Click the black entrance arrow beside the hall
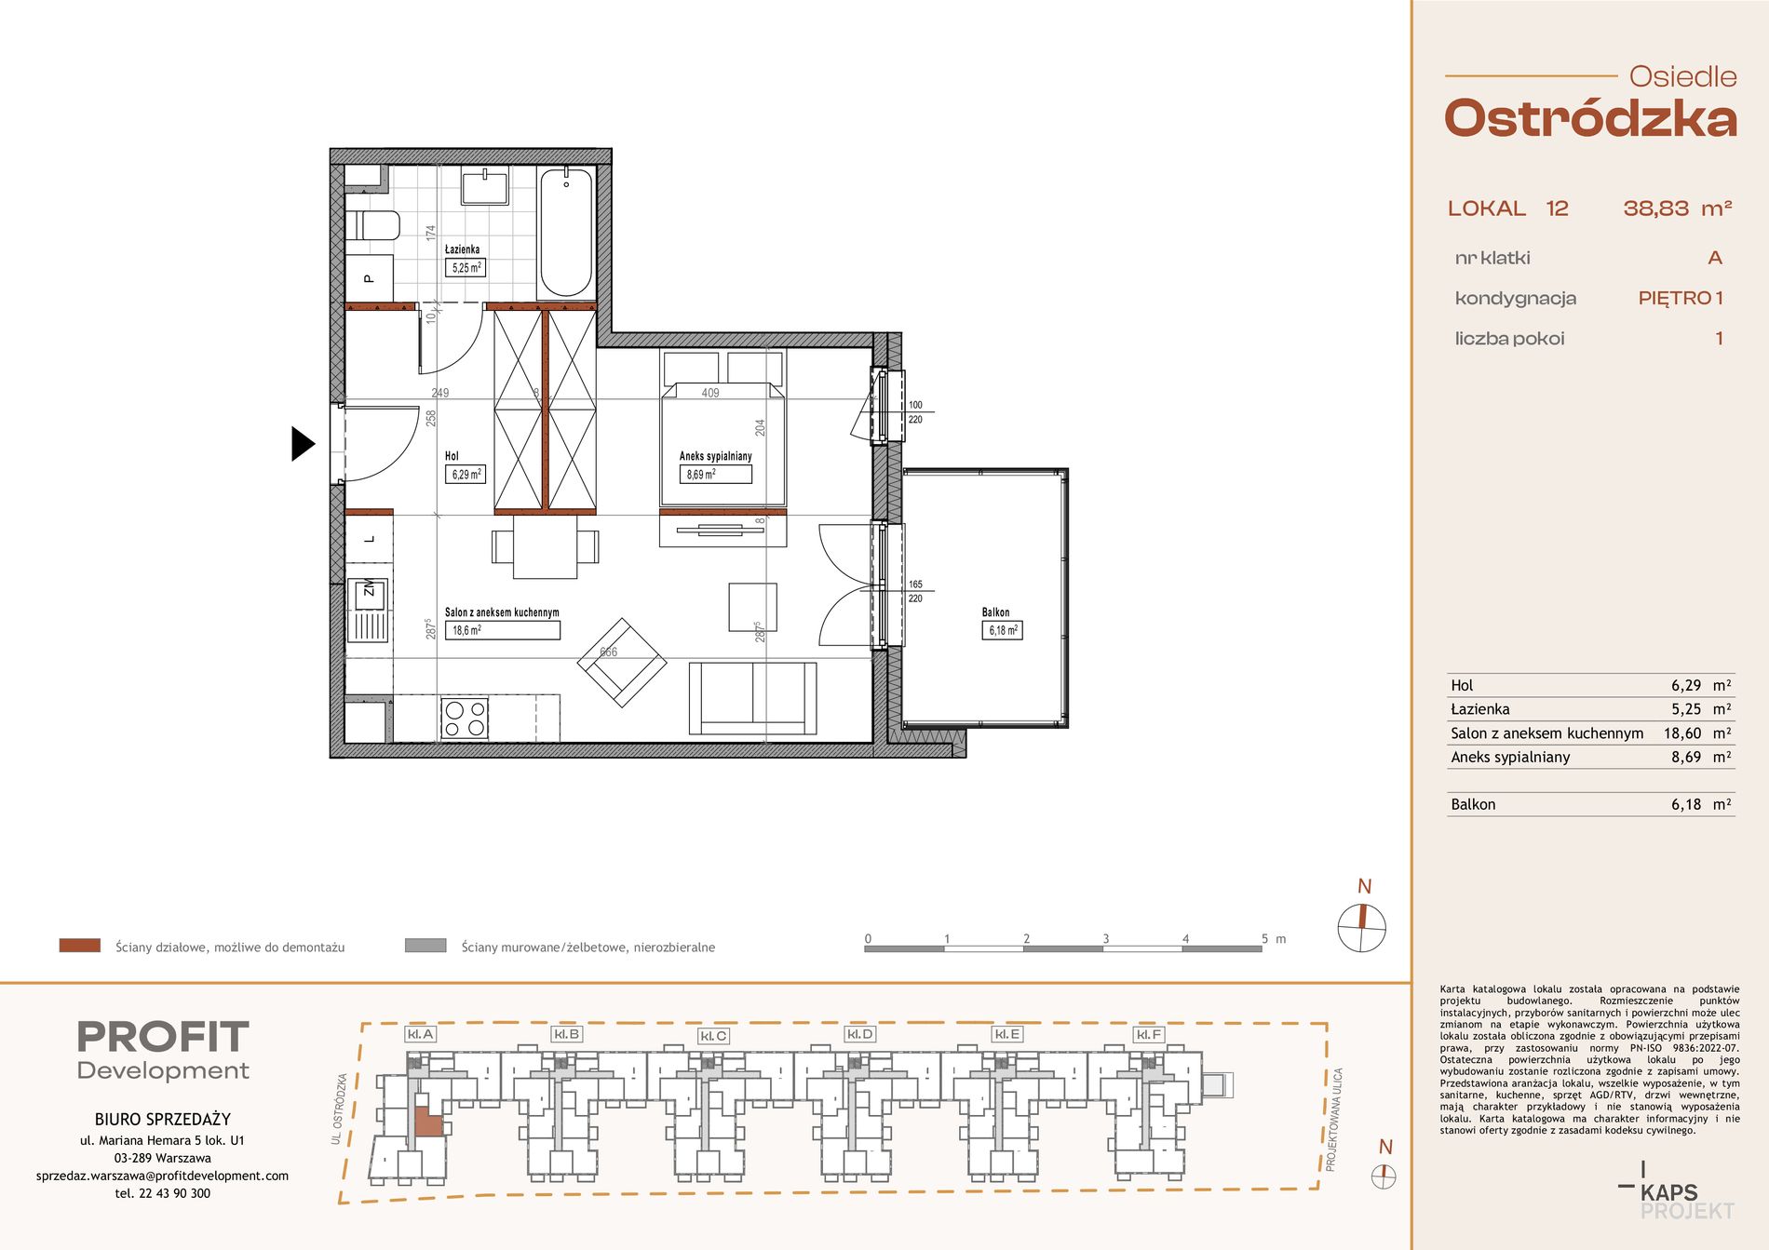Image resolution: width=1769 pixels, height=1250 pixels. pos(303,444)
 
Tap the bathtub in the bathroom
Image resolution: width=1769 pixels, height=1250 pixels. pos(566,232)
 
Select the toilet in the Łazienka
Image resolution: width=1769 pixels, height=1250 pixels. pos(372,225)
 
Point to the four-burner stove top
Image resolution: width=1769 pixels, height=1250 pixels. pos(465,718)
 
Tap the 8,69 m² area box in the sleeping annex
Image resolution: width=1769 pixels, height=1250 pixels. pos(714,475)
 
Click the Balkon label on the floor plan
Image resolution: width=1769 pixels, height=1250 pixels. pos(995,612)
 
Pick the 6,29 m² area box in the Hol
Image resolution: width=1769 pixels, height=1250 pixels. pos(466,475)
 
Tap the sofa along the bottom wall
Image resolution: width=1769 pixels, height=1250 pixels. pos(752,698)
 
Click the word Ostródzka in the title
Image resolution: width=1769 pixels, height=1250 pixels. pos(1590,119)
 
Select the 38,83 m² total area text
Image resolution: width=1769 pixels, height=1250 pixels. pos(1678,208)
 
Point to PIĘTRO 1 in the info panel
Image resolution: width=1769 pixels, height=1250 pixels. pos(1681,298)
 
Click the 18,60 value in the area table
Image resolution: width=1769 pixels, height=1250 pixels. pos(1682,733)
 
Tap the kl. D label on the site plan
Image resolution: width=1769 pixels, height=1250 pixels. pos(859,1034)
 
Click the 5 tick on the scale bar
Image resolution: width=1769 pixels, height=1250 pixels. pos(1264,938)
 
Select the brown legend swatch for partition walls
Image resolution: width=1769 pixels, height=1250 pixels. pos(80,946)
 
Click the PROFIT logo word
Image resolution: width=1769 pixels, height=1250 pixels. pos(163,1037)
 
